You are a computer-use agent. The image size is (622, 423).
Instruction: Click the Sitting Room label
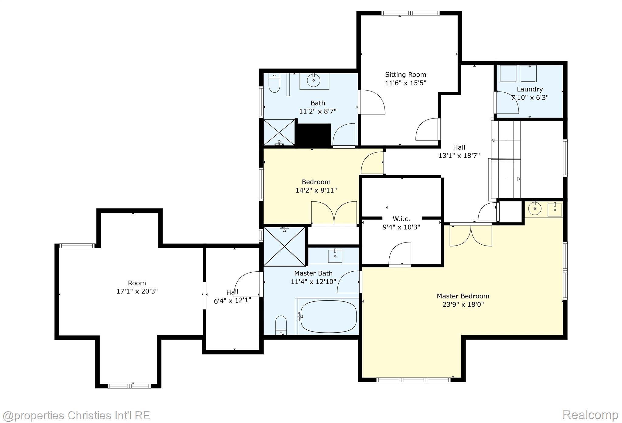pyautogui.click(x=405, y=74)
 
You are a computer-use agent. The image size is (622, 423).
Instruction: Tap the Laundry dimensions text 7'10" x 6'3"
pyautogui.click(x=530, y=98)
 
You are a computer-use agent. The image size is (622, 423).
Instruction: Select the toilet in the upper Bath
pyautogui.click(x=274, y=84)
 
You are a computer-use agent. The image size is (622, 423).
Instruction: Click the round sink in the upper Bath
pyautogui.click(x=313, y=81)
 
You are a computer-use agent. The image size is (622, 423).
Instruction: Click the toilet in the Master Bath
pyautogui.click(x=281, y=325)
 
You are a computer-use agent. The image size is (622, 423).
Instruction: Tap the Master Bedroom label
pyautogui.click(x=463, y=296)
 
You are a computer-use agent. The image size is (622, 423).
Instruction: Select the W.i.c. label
pyautogui.click(x=401, y=219)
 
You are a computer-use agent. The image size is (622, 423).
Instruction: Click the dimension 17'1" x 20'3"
pyautogui.click(x=137, y=291)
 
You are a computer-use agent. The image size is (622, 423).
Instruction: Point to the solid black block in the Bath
pyautogui.click(x=313, y=135)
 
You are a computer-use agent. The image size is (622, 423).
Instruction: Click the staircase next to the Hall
pyautogui.click(x=506, y=160)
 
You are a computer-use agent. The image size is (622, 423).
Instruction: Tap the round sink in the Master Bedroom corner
pyautogui.click(x=535, y=209)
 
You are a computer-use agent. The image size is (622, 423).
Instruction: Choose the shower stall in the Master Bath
pyautogui.click(x=284, y=246)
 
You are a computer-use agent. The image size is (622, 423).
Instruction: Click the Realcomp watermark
pyautogui.click(x=590, y=414)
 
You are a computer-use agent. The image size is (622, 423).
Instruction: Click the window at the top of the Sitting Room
pyautogui.click(x=410, y=13)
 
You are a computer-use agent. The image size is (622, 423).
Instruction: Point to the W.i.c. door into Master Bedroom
pyautogui.click(x=400, y=255)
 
